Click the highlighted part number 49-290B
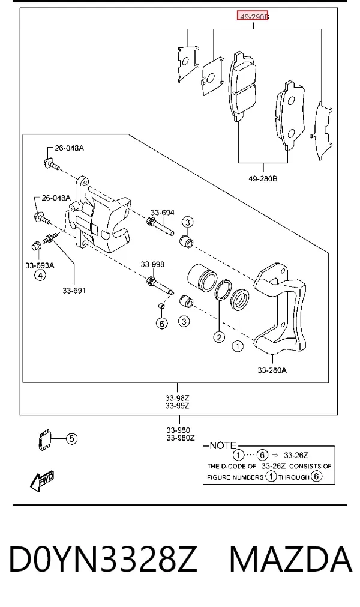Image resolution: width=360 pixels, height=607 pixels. (253, 17)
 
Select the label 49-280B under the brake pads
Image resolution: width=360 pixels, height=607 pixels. (263, 178)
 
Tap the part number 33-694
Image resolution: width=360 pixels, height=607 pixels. (163, 212)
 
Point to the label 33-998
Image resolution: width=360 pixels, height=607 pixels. (152, 264)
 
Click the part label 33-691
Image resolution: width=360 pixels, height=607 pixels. (74, 291)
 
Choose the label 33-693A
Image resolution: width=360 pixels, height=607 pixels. (40, 265)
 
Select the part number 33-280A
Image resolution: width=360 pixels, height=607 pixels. (272, 370)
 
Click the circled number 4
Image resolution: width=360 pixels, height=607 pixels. (40, 275)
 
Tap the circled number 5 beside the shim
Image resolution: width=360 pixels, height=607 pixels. (71, 439)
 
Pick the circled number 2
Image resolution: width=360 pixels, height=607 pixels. (219, 337)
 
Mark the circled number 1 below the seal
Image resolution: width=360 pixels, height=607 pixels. (238, 345)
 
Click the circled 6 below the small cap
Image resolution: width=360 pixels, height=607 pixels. (162, 323)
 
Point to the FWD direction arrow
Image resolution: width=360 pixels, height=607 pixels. (42, 480)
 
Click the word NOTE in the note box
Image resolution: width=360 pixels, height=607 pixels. (223, 445)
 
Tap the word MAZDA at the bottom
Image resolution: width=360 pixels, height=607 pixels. (291, 559)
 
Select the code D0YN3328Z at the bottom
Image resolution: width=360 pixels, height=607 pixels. (103, 559)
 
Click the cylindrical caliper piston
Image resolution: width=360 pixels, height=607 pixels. (202, 279)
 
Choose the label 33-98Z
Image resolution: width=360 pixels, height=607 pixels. (177, 397)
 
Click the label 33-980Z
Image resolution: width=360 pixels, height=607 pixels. (180, 438)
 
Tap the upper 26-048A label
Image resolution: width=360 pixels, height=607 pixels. (69, 148)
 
